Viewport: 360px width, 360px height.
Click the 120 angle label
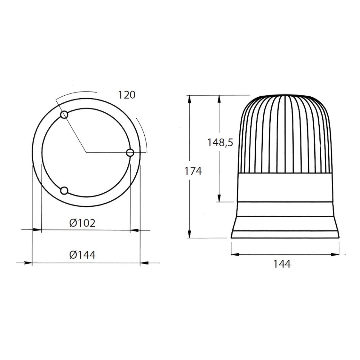pos(127,95)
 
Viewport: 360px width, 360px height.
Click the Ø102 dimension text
pos(83,223)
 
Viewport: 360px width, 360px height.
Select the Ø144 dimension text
pos(83,255)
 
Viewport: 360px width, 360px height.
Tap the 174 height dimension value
pos(193,171)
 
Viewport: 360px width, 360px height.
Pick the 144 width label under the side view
pos(282,264)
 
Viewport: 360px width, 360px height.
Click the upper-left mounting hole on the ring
pos(64,115)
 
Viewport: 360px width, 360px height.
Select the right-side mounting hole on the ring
pos(130,153)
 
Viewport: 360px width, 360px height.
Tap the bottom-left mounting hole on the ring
pos(64,191)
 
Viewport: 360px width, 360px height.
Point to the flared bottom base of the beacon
pos(284,227)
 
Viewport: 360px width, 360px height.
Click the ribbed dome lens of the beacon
pos(284,134)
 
